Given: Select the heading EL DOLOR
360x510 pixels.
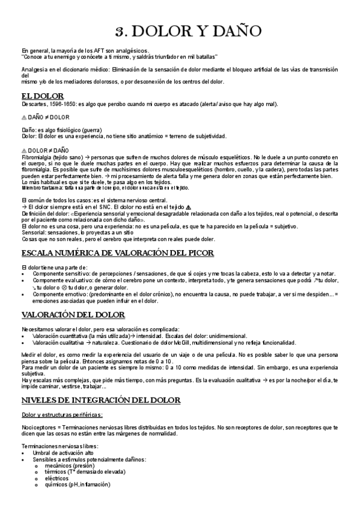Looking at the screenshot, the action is coord(43,96).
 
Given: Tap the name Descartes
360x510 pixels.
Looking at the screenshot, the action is coord(34,103).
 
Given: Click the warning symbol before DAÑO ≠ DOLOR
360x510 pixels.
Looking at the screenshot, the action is coord(24,117).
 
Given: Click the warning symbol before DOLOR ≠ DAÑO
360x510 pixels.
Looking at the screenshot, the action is coord(24,150).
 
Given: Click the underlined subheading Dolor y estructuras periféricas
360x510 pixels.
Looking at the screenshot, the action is coord(62,414).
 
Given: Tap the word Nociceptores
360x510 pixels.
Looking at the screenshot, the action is coord(37,426).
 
